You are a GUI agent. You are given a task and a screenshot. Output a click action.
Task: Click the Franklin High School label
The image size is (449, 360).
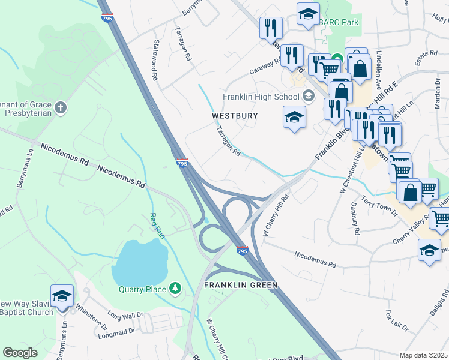click(x=261, y=97)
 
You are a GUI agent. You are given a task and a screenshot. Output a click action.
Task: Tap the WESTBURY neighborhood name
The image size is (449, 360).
click(x=235, y=115)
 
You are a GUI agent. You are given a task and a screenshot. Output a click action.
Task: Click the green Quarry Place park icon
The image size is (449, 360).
click(x=175, y=289)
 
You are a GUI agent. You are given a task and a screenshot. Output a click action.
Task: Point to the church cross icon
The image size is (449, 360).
click(x=59, y=108)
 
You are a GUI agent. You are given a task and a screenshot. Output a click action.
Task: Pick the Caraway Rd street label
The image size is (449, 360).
click(x=266, y=66)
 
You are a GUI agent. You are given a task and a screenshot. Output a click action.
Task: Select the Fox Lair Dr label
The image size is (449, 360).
click(x=397, y=320)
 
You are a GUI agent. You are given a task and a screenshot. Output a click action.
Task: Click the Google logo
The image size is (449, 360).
click(x=20, y=353)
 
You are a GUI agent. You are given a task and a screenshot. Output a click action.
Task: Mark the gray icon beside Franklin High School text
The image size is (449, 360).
click(x=308, y=96)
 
